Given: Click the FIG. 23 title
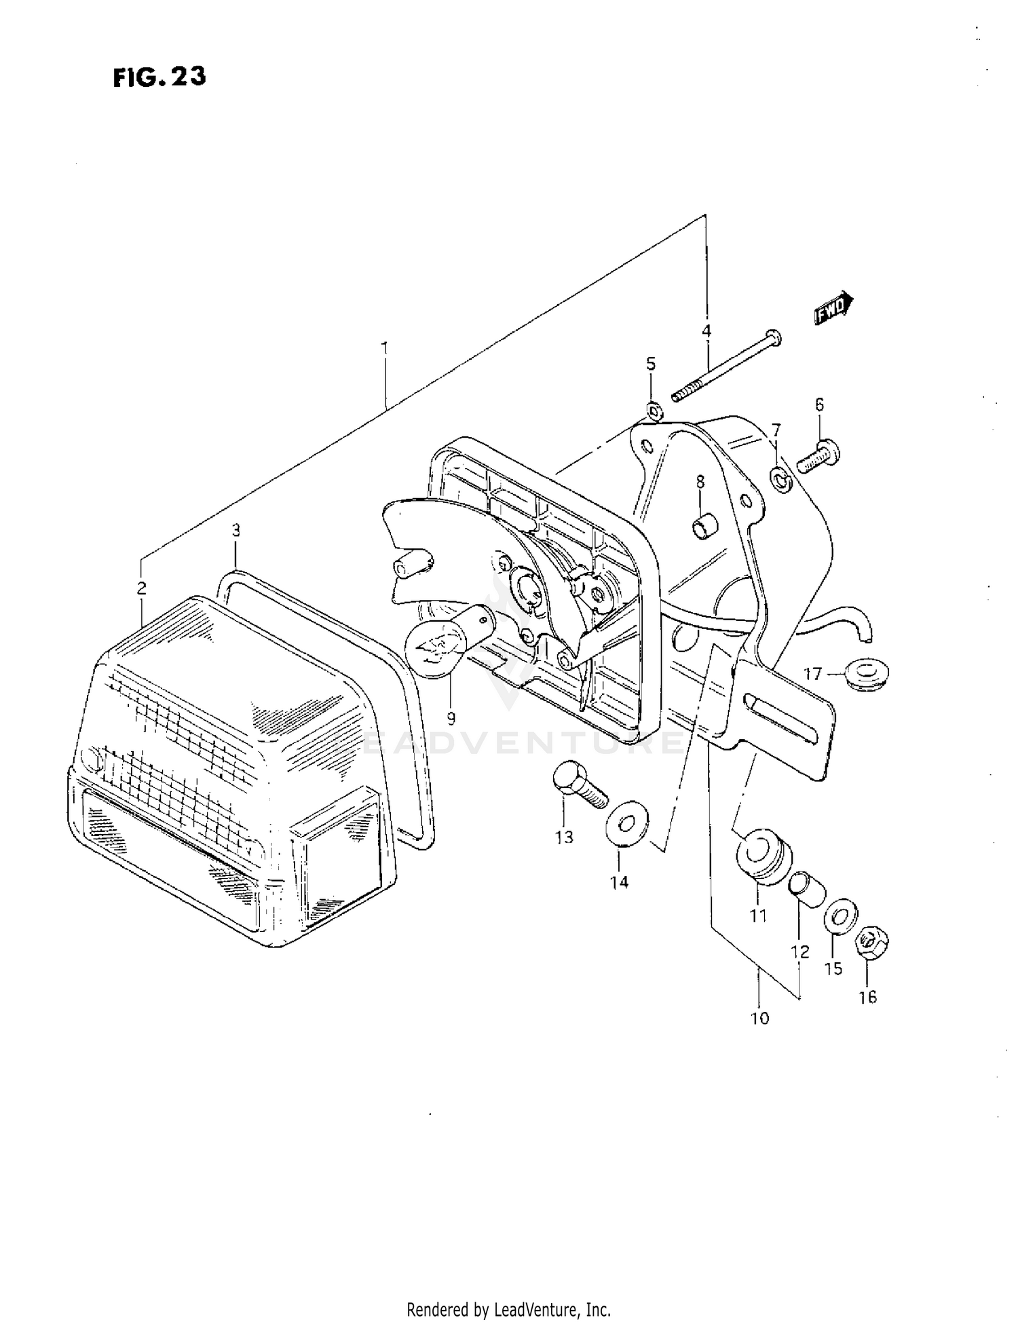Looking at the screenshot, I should pos(159,77).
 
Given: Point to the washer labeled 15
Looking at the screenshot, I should pos(840,918).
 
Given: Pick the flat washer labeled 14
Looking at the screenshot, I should pos(626,823).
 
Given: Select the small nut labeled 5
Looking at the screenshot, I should pos(654,409).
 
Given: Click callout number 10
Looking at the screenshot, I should pos(759,1018).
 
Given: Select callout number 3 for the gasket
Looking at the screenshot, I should pos(235,530).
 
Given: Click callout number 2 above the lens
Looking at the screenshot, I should pos(141,588).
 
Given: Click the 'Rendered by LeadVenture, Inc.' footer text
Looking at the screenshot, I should pos(508,1309).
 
